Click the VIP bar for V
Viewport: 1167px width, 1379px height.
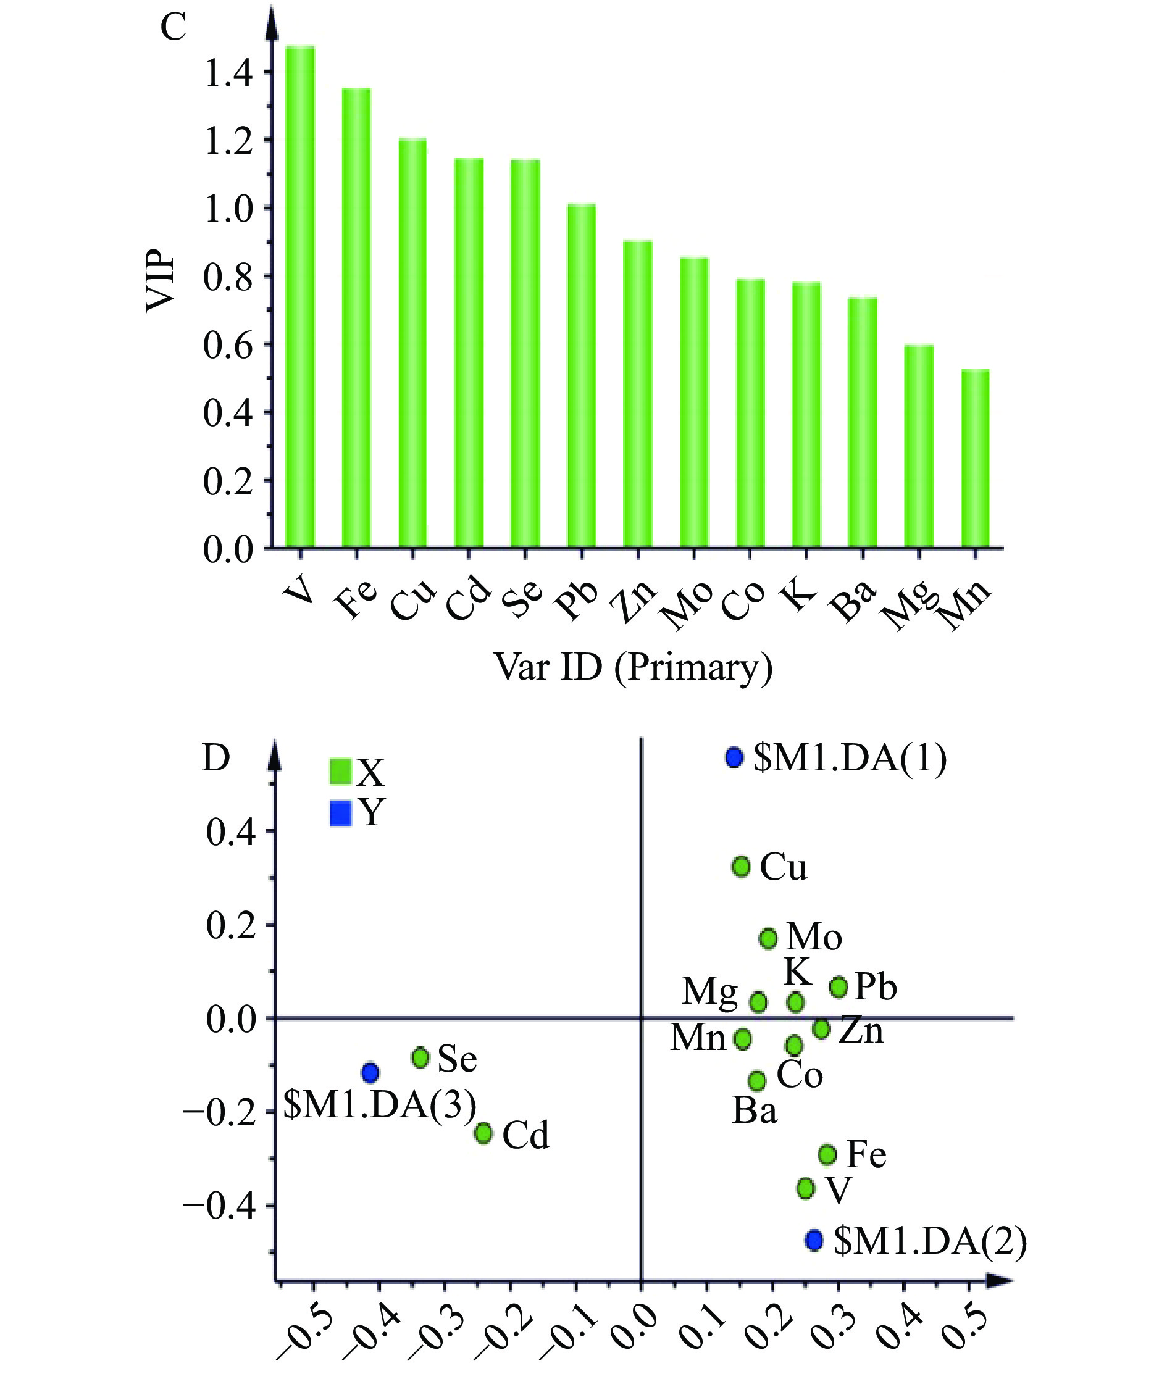tap(299, 298)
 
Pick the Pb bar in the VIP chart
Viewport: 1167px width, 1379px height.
tap(582, 377)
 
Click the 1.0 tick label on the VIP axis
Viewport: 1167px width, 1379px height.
tap(228, 209)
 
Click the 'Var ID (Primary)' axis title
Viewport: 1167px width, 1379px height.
tap(633, 667)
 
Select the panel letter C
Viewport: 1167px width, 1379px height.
tap(174, 28)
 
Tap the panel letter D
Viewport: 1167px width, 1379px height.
tap(215, 759)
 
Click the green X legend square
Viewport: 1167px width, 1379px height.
tap(340, 771)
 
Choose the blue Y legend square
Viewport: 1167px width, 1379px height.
tap(340, 813)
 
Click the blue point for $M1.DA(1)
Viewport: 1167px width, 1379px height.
tap(734, 757)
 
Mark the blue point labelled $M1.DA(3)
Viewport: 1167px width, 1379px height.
tap(370, 1072)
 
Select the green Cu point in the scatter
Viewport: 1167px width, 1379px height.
tap(741, 867)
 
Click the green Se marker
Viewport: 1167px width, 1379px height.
tap(420, 1057)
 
